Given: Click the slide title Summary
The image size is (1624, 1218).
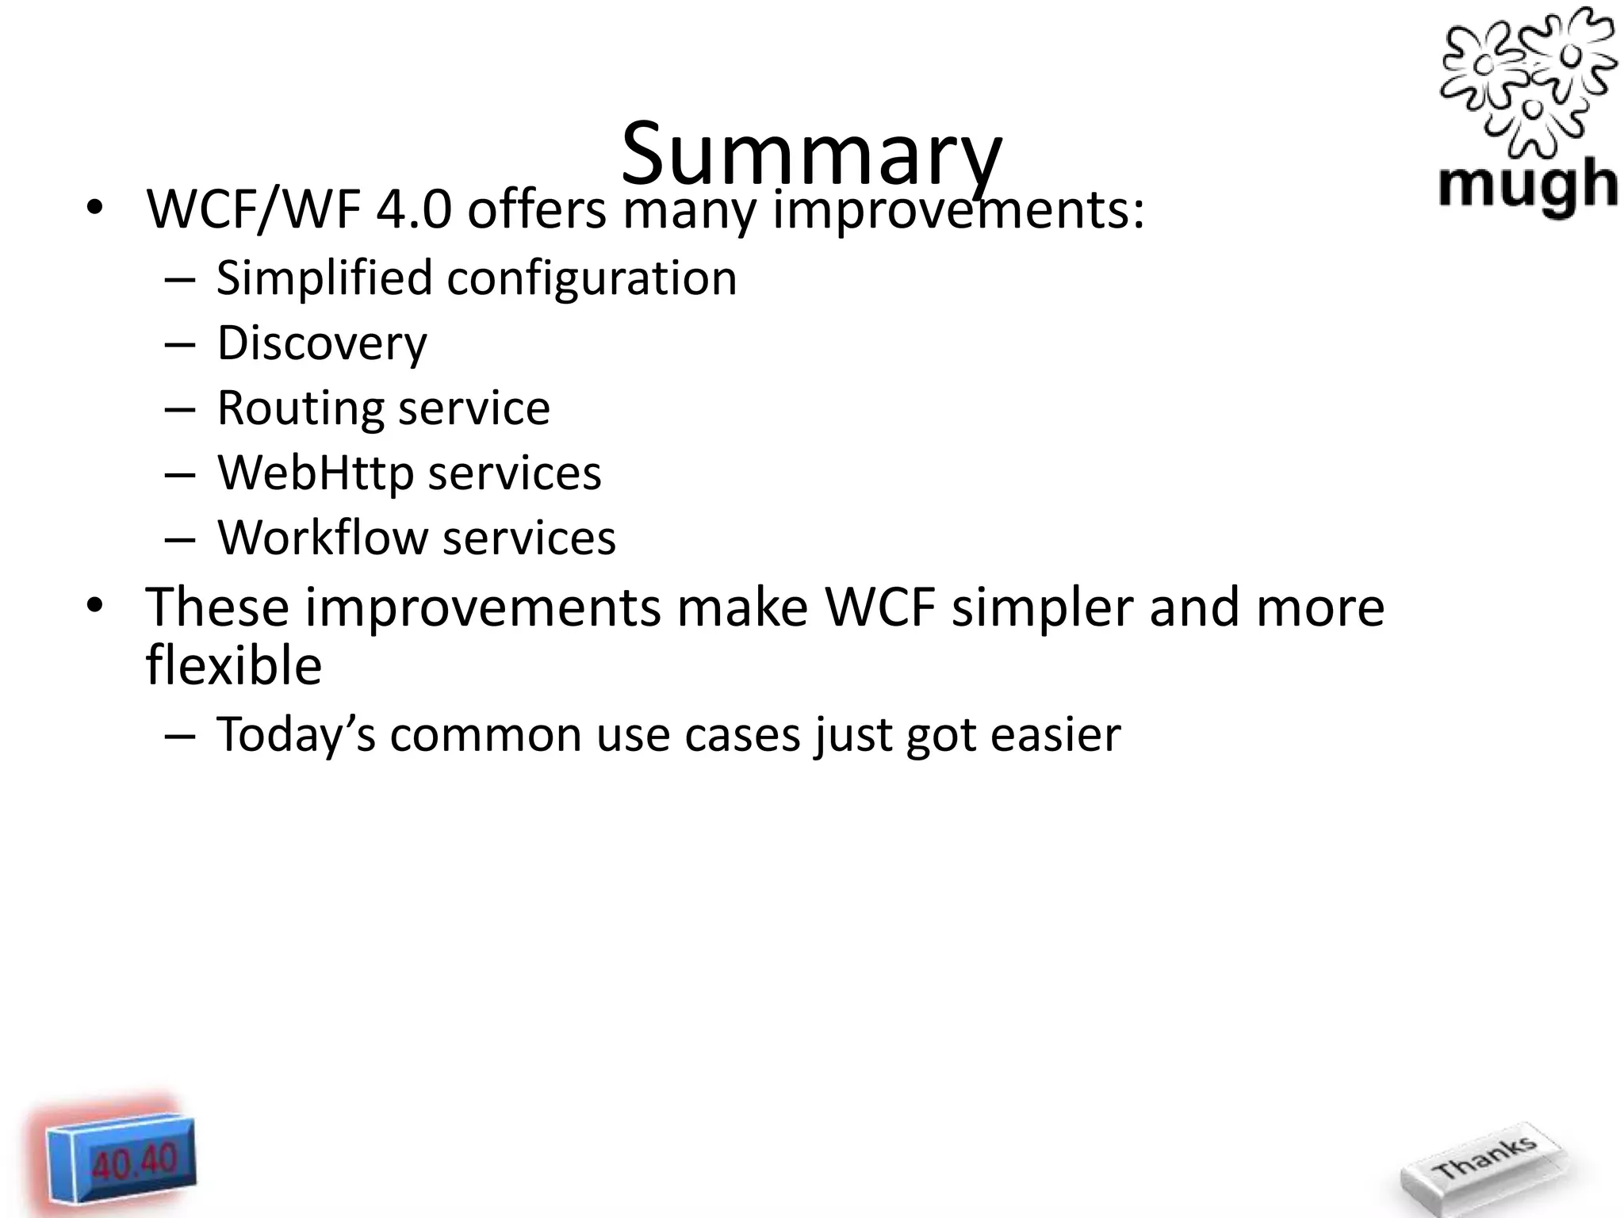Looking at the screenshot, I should (x=811, y=155).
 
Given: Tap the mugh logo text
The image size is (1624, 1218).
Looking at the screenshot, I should (x=1527, y=186).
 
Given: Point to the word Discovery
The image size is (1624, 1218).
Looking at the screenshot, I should (x=322, y=343).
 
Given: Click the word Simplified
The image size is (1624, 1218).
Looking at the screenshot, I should (x=325, y=279).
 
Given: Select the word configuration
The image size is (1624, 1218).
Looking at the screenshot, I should (x=592, y=279).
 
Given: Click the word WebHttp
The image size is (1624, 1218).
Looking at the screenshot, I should (x=316, y=473).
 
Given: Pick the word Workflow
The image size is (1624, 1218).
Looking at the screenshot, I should (x=322, y=538).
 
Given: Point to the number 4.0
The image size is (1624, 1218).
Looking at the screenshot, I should (x=414, y=210).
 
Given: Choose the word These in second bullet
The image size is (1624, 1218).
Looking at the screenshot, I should (x=217, y=607).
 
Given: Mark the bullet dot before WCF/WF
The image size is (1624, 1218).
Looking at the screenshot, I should (x=94, y=209).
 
